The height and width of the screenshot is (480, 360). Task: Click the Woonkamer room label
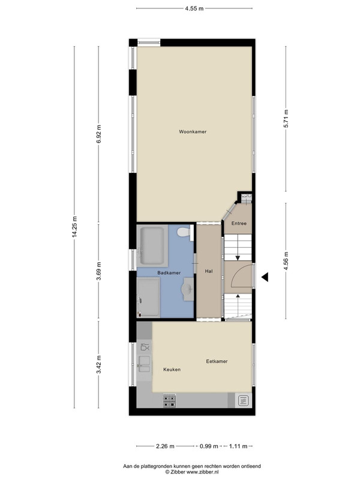[193, 131]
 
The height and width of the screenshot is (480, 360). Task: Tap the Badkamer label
[169, 273]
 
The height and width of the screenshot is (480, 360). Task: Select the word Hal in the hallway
[209, 271]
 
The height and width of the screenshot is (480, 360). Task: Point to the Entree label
[239, 223]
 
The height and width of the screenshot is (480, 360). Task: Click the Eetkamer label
[217, 361]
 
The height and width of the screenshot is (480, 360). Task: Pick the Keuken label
[172, 370]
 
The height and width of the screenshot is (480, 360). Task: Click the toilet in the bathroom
[185, 232]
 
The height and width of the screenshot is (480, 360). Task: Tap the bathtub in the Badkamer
[152, 245]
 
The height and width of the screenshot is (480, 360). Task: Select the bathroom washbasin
[188, 289]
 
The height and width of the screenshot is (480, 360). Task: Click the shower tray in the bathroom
[148, 297]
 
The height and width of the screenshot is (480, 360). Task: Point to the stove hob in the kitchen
[169, 401]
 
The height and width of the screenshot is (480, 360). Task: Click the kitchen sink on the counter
[144, 364]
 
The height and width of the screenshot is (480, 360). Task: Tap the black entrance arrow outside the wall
[265, 277]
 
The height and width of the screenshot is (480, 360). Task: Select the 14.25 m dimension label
[74, 227]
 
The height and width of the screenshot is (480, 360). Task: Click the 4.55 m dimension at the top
[194, 8]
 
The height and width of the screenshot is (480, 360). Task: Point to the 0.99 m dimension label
[209, 446]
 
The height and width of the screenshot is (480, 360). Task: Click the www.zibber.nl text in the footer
[202, 472]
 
